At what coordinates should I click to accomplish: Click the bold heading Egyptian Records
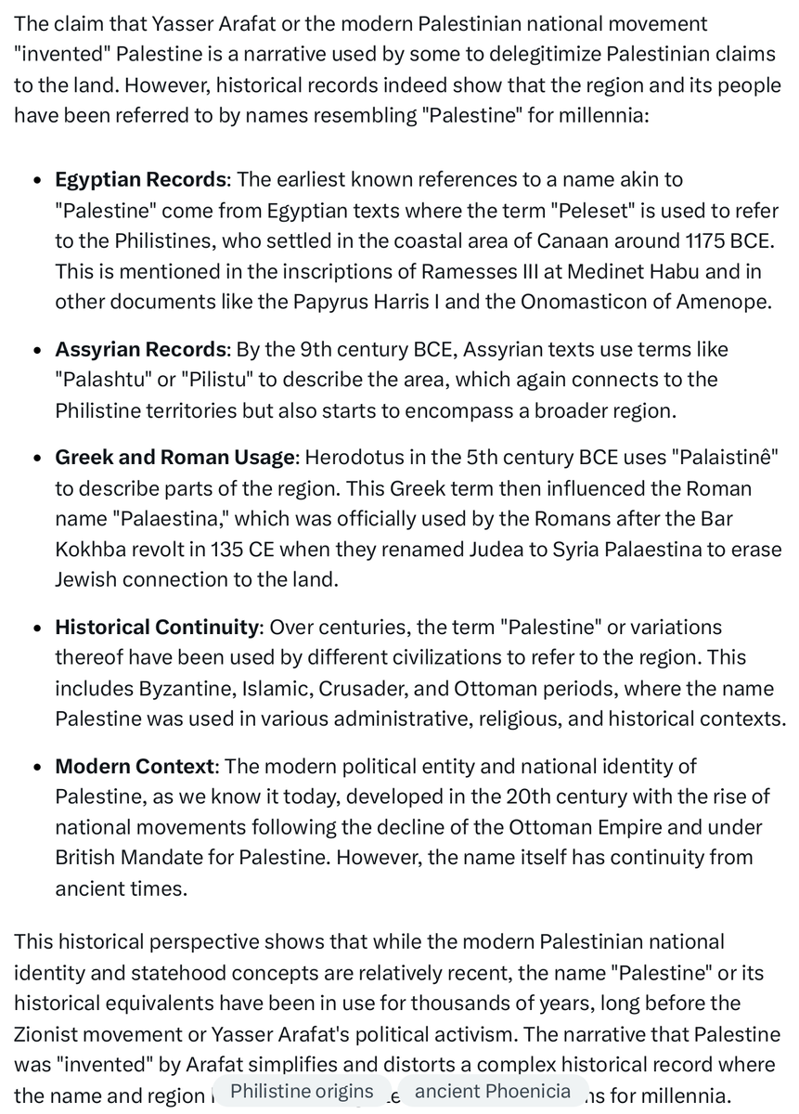[140, 179]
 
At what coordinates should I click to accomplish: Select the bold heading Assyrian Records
[140, 350]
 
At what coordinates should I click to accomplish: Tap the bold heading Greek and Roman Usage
[175, 458]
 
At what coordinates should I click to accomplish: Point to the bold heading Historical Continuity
[156, 628]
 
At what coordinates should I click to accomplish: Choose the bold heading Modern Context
[135, 767]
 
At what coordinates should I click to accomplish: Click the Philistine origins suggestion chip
[302, 1092]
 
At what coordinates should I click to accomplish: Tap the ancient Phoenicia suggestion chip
[493, 1092]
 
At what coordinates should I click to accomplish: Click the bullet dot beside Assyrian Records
[36, 351]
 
